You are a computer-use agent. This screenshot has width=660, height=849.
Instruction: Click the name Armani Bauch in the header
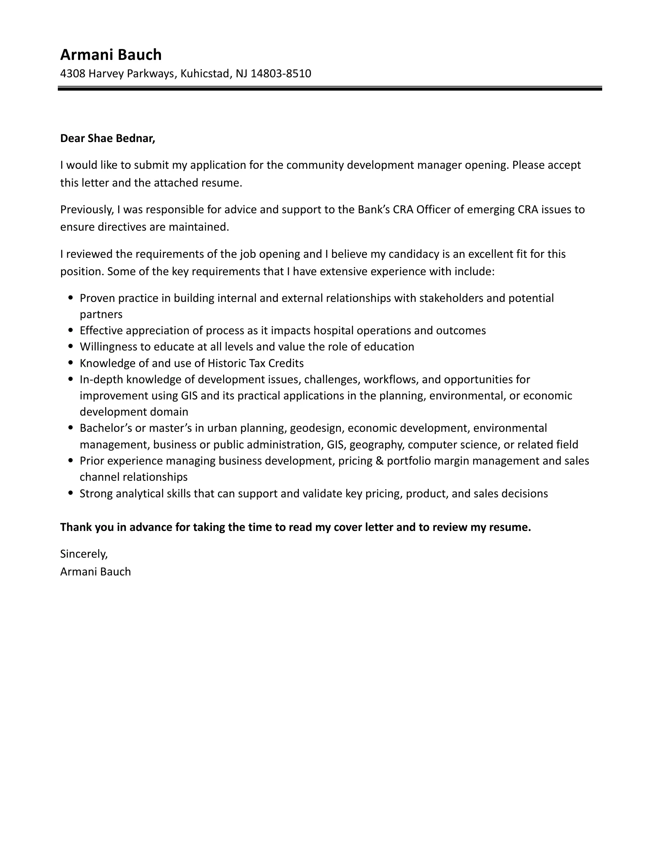tap(111, 55)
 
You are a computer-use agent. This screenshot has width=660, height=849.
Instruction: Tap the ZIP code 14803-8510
tap(281, 74)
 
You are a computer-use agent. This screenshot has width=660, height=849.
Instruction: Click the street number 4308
tap(72, 74)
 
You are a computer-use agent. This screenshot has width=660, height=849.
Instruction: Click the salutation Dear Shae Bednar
tap(108, 138)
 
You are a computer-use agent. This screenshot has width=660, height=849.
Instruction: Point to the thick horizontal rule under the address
tap(330, 88)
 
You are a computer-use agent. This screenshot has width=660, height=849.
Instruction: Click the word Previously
tap(86, 210)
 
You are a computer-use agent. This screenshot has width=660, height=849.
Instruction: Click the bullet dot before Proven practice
tap(71, 298)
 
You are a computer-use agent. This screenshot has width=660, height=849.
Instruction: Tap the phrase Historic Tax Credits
tap(255, 363)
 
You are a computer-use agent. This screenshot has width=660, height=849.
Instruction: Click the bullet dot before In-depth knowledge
tap(71, 380)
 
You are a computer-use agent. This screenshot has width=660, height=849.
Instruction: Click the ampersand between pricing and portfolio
tap(379, 461)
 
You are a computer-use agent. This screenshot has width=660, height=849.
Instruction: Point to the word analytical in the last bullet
tap(140, 494)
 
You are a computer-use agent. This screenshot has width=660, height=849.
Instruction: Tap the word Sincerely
tap(84, 554)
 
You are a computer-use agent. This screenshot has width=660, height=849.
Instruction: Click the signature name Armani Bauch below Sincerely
tap(95, 572)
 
